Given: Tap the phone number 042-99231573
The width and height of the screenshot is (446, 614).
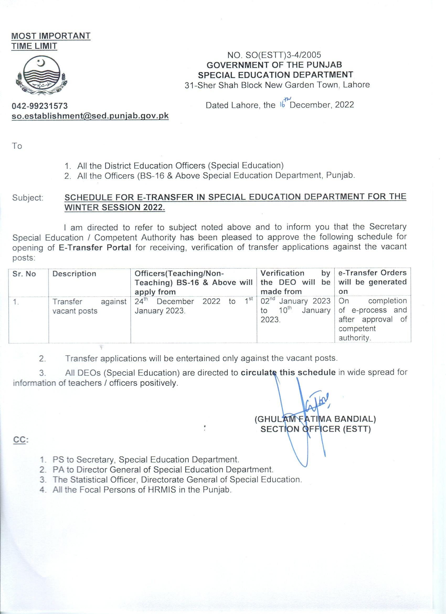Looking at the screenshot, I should point(40,105).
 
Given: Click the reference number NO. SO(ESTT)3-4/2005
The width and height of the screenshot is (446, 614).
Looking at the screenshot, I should point(274,55).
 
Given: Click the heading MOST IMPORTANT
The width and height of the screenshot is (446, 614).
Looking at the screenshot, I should point(51,36).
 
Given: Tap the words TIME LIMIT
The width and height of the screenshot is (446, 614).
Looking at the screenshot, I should point(34,46).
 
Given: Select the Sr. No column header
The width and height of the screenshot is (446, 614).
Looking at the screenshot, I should point(24,274).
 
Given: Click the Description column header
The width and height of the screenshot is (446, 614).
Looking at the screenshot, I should point(74,274).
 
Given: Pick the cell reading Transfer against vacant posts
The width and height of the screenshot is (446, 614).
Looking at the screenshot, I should point(89,306).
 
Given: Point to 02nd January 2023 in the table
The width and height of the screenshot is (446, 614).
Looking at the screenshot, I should point(295,301).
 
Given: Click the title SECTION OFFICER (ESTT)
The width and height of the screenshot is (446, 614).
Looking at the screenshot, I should point(315,429).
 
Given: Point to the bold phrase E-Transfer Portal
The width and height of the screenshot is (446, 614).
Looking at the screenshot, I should point(95,247).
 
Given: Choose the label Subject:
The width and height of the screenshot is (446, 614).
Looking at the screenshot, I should point(28,198).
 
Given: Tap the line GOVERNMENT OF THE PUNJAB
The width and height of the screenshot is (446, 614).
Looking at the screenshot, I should point(274,65).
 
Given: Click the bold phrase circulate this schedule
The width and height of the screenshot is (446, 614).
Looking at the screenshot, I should point(288,372).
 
